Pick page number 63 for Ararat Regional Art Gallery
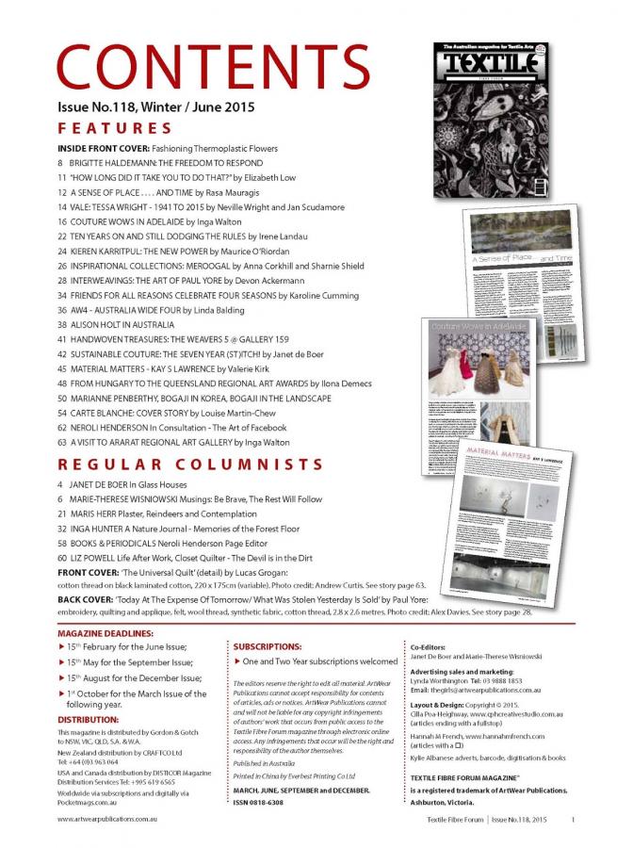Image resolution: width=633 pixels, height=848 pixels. [62, 442]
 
